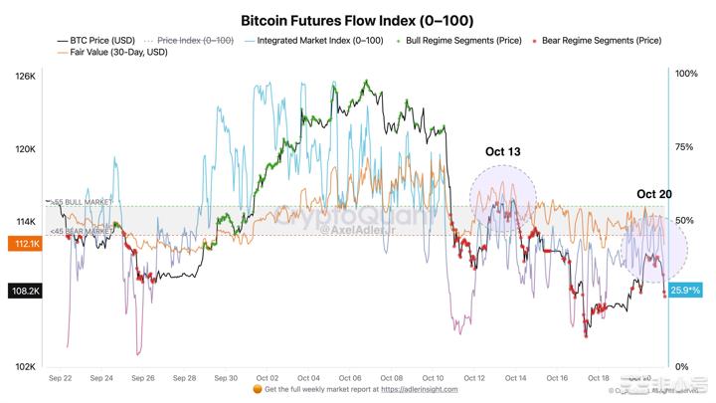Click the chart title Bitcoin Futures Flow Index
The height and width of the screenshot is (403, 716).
[x=357, y=20]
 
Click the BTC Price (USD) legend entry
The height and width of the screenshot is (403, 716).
[x=96, y=41]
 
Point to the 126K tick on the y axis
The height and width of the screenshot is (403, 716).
[x=26, y=77]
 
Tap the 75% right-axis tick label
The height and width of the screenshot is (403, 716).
[x=685, y=147]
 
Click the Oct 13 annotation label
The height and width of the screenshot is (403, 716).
[x=503, y=152]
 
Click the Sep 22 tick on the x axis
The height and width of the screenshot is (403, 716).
[x=61, y=378]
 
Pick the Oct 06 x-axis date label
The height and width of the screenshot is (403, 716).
[x=350, y=378]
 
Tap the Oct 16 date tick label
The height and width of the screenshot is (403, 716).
[x=557, y=378]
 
